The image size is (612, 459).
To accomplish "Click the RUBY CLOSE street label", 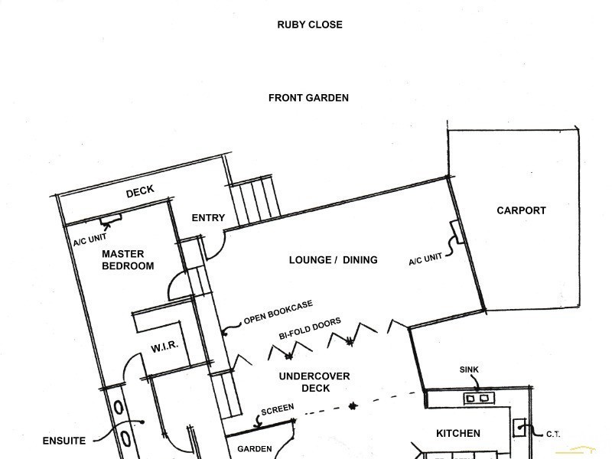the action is click(x=310, y=24).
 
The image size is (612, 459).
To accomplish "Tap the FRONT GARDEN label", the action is click(x=308, y=98).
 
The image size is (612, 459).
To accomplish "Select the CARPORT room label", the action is click(x=521, y=211).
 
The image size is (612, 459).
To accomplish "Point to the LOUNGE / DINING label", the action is click(x=333, y=260).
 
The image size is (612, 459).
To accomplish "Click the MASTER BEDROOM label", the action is click(x=128, y=260).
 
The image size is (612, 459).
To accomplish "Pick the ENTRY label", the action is click(x=208, y=218).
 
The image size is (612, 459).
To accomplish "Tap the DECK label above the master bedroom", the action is click(x=140, y=191).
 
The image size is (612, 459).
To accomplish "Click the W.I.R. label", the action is click(x=164, y=347).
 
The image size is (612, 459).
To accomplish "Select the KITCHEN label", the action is click(x=457, y=433).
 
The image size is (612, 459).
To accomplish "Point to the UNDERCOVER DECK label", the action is click(x=314, y=382).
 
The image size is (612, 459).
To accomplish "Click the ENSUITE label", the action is click(x=64, y=441).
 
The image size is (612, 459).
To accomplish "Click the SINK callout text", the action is click(x=469, y=369).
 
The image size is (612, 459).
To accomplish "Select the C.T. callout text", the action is click(x=553, y=434).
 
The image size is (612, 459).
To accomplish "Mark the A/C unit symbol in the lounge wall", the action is click(x=457, y=233).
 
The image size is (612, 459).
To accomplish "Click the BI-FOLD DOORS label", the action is click(x=310, y=328).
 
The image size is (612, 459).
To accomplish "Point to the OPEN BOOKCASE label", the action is click(x=278, y=312).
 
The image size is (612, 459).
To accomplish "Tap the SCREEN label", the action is click(x=278, y=409).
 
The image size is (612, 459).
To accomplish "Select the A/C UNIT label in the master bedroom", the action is click(x=90, y=239).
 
